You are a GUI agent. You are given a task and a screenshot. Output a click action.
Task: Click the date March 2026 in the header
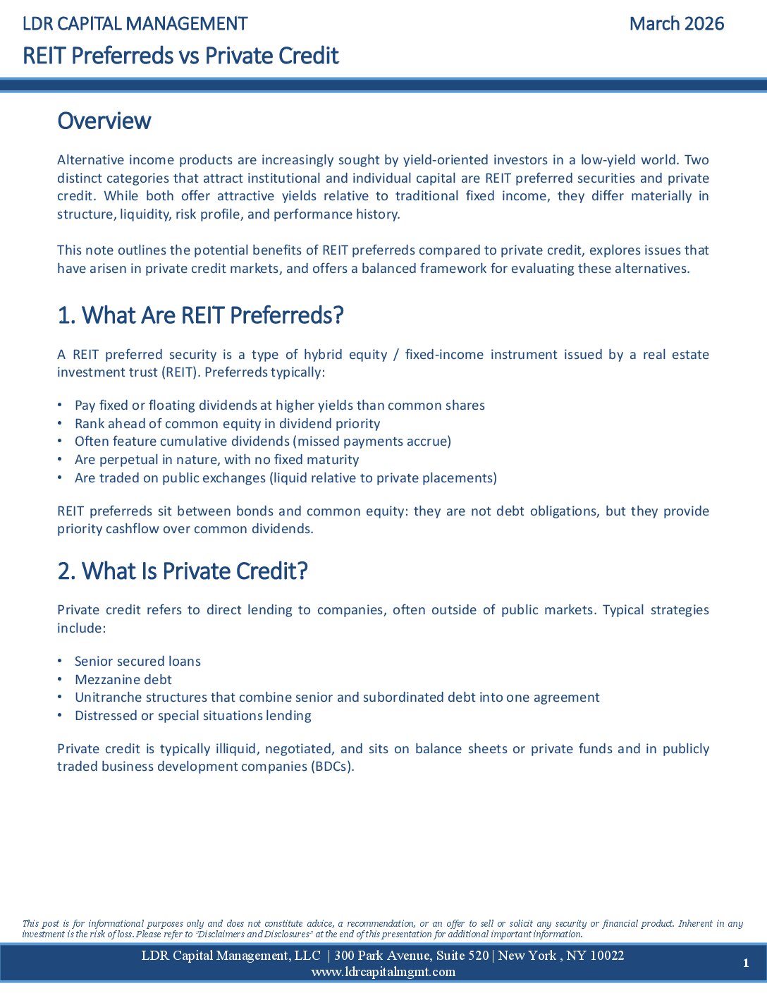[x=676, y=24]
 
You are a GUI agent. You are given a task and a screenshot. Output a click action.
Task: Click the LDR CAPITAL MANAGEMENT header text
[x=135, y=24]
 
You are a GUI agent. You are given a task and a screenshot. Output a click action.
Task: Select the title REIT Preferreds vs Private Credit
[x=180, y=56]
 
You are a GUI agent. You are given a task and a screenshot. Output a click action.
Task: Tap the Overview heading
[x=104, y=121]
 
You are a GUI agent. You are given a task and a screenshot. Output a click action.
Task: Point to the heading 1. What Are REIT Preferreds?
[x=200, y=315]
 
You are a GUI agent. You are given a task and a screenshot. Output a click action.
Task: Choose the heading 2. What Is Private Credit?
[x=183, y=571]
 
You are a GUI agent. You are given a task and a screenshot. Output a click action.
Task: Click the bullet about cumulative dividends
[x=262, y=441]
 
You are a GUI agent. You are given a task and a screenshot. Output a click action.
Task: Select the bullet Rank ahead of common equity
[x=227, y=423]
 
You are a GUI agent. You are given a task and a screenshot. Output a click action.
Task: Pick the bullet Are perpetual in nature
[x=216, y=460]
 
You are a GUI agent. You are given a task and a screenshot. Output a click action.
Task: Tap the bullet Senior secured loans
[x=137, y=662]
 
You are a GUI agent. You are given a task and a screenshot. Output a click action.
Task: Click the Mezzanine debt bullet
[x=123, y=680]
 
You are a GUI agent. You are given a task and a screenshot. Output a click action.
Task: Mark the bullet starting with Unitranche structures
[x=337, y=697]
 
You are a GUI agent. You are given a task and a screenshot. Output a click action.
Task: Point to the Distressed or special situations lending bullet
[x=192, y=716]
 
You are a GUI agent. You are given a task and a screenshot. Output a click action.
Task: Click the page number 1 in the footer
[x=746, y=963]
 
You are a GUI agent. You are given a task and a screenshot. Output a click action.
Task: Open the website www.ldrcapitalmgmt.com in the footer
[x=383, y=972]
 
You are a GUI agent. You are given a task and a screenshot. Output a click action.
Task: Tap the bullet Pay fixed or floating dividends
[x=279, y=406]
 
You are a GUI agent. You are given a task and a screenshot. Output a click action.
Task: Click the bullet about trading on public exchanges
[x=286, y=478]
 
